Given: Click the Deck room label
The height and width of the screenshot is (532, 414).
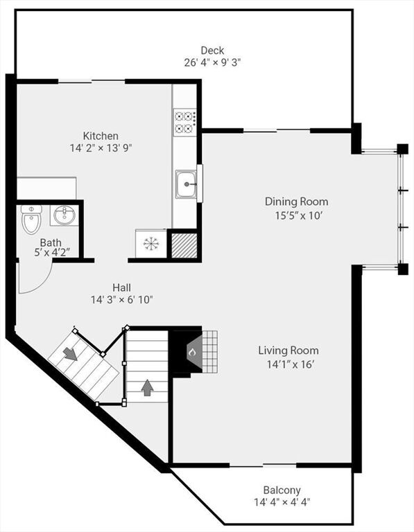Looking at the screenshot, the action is coord(212,51).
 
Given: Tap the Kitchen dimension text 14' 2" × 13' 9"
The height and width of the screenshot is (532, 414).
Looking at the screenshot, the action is coord(101,148).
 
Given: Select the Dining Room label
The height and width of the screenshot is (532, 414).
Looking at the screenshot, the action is coord(297,202).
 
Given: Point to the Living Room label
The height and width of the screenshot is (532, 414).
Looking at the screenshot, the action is coord(288,350).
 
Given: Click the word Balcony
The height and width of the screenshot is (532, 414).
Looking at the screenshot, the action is coord(282,490).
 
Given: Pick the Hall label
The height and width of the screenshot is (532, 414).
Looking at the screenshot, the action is coord(121,287).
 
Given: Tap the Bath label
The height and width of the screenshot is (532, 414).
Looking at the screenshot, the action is coord(51,242).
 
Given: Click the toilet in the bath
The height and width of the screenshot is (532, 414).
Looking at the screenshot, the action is coord(31,219).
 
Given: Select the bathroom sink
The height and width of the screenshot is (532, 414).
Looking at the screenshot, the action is coord(64,215).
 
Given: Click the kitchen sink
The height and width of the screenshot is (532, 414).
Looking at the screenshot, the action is coord(186,184).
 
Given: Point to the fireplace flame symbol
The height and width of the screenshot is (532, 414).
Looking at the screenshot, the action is coord(192,352).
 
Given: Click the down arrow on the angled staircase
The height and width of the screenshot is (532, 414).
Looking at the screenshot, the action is coord(71,354).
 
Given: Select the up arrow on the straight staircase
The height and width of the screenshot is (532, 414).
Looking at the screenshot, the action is coord(147,388).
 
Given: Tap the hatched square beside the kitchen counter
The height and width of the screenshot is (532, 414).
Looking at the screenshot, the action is coord(184,245).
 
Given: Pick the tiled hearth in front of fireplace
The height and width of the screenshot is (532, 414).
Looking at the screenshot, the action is coord(209,352).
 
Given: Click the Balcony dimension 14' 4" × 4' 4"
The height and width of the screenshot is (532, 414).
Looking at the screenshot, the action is coord(282,502).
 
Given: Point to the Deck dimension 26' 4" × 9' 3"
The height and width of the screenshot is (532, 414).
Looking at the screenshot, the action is coord(212,63).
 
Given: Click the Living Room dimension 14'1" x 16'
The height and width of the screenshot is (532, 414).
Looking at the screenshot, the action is coord(290,364).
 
